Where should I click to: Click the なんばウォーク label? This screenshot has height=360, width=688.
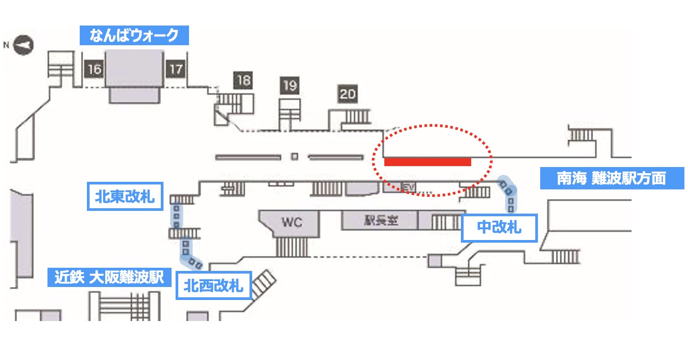coord(134,35)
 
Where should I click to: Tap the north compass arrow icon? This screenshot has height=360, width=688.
coord(24,45)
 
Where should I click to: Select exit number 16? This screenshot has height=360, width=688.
coord(94,69)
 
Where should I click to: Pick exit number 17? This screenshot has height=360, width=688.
coord(176,69)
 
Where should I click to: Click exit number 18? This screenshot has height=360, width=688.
coord(243,80)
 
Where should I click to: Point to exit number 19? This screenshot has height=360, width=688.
coord(290,86)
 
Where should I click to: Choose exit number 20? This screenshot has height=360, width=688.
coord(348,94)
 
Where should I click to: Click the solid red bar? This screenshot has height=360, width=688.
coord(427,162)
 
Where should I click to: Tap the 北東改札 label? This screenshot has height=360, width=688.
coord(125,196)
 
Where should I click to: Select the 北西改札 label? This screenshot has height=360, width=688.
coord(214,285)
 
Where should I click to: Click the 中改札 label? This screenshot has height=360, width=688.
coord(499,228)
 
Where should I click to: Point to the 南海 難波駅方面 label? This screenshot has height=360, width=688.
coord(611,178)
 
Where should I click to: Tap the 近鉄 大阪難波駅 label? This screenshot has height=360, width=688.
coord(109,277)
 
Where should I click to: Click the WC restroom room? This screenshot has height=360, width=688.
coord(292,222)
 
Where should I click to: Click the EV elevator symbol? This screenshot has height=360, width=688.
coord(407,187)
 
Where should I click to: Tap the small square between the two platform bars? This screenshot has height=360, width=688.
coord(294,157)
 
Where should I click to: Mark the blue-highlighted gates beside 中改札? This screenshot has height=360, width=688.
coord(509,194)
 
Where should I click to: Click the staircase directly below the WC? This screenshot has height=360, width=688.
coord(292,247)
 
